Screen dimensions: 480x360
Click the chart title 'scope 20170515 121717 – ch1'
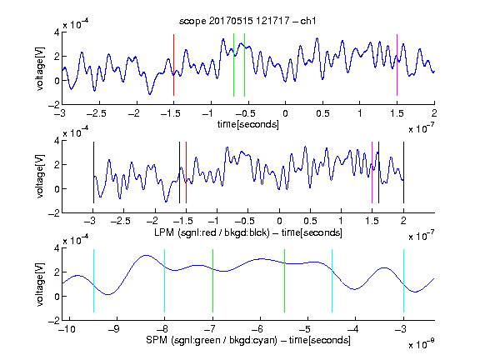click(x=247, y=21)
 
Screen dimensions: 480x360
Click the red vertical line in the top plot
click(x=173, y=65)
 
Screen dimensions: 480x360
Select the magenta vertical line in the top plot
click(x=397, y=65)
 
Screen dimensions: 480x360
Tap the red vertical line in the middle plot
click(x=186, y=172)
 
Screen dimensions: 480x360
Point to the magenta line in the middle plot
click(x=372, y=172)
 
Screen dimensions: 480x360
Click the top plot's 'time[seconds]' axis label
click(x=248, y=124)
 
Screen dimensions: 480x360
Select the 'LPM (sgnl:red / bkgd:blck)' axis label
click(x=212, y=232)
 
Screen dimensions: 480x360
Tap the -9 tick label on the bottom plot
click(x=114, y=329)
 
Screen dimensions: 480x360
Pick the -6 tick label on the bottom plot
click(x=257, y=329)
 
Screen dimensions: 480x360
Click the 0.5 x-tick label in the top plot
click(x=322, y=113)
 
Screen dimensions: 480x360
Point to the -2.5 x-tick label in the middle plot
click(x=121, y=221)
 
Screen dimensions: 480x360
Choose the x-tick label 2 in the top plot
click(x=434, y=113)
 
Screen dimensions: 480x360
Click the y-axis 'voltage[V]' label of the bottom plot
click(x=40, y=284)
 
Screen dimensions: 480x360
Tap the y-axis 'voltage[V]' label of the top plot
click(x=40, y=68)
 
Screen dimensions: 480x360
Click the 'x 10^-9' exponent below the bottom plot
click(x=422, y=344)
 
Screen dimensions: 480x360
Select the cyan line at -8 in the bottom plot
click(x=165, y=281)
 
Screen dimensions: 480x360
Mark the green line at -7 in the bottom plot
click(x=212, y=281)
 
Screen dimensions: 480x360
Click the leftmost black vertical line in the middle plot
click(x=93, y=172)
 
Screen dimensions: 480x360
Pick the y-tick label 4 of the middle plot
click(x=57, y=141)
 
